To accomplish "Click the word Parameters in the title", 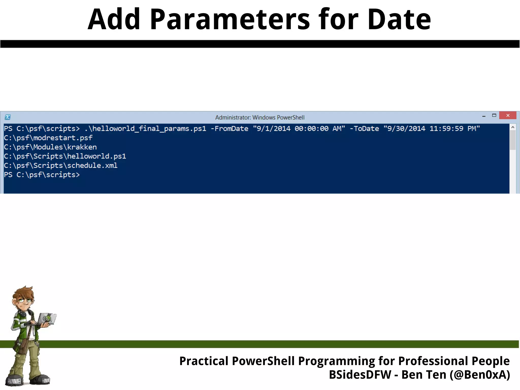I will [230, 19].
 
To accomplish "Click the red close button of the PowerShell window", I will [508, 116].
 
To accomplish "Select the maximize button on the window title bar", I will [494, 116].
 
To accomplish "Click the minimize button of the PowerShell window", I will [484, 116].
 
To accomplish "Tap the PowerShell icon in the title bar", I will [8, 117].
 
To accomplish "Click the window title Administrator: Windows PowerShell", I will [260, 117].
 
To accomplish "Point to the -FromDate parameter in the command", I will [229, 129].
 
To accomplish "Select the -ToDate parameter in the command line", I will [364, 129].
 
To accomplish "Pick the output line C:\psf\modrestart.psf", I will [48, 138].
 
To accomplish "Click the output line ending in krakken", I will [50, 147].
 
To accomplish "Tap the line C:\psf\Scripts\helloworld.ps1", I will [65, 156].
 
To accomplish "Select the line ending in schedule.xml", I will [61, 166].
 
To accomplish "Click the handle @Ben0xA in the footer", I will [480, 375].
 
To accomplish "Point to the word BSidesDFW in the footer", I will [360, 375].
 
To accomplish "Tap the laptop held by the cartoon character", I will [47, 319].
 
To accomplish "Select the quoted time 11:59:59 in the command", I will [446, 129].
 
